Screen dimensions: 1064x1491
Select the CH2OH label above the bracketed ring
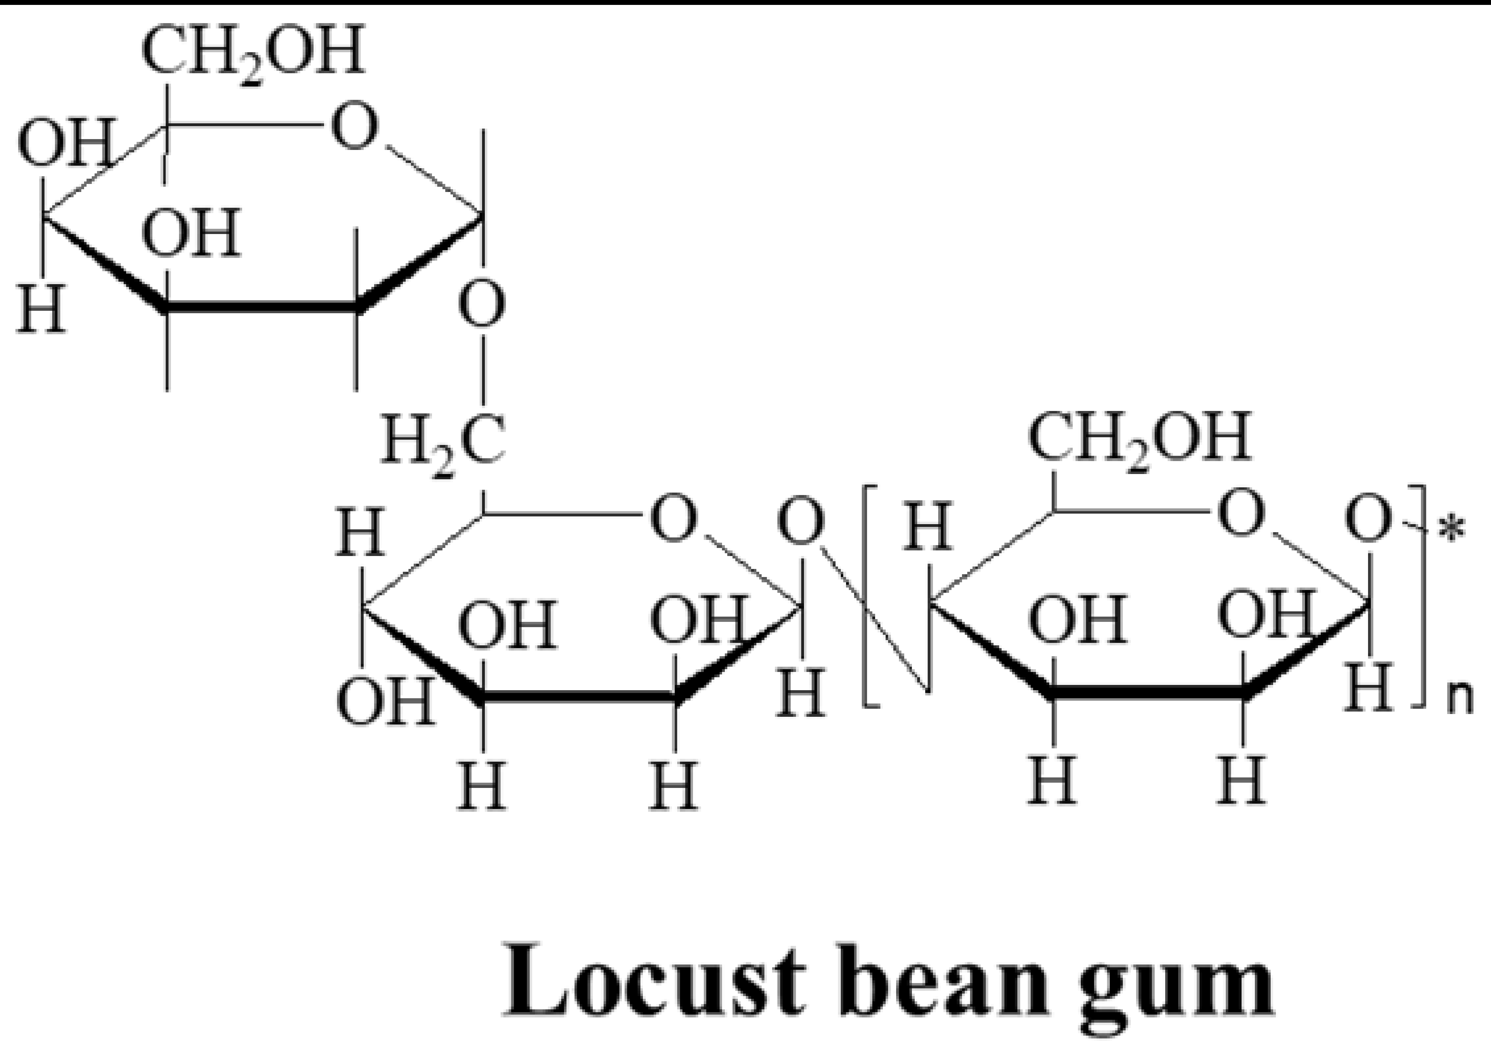1140,438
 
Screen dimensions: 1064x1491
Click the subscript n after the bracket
1459,700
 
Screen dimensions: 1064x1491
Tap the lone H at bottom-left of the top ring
41,309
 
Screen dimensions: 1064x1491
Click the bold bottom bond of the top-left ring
261,307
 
